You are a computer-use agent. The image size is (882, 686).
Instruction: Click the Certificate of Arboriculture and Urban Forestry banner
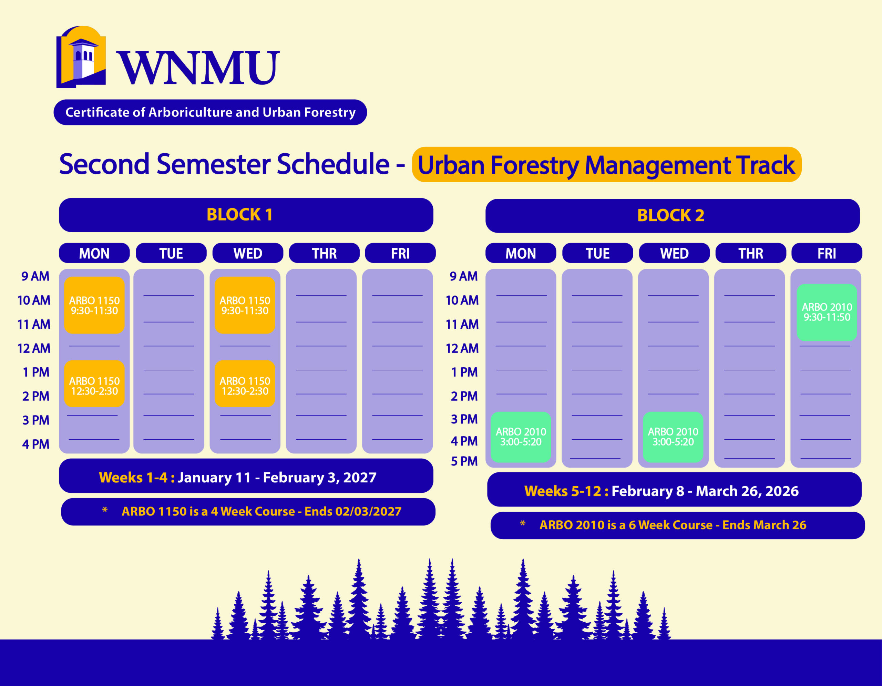pyautogui.click(x=211, y=112)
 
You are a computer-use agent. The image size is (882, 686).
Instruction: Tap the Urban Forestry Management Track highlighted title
pyautogui.click(x=607, y=165)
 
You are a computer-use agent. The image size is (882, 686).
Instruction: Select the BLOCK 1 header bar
pyautogui.click(x=246, y=215)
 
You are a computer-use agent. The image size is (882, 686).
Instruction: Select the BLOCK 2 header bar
pyautogui.click(x=673, y=216)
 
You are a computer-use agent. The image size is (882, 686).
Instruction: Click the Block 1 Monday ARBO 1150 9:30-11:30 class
pyautogui.click(x=94, y=305)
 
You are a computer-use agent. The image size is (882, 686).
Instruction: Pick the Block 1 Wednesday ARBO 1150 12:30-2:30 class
pyautogui.click(x=245, y=383)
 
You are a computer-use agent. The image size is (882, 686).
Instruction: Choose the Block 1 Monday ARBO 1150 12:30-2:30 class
pyautogui.click(x=94, y=383)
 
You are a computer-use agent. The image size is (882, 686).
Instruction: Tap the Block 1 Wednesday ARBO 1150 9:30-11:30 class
pyautogui.click(x=245, y=305)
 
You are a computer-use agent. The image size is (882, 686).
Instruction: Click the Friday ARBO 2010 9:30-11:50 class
pyautogui.click(x=827, y=313)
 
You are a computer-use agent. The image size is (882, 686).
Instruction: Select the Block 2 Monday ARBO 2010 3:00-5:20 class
pyautogui.click(x=521, y=437)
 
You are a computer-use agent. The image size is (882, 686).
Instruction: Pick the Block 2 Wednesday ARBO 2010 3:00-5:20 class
pyautogui.click(x=673, y=437)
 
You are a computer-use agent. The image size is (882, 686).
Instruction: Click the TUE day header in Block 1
pyautogui.click(x=171, y=253)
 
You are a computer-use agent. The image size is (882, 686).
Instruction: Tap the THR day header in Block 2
pyautogui.click(x=751, y=253)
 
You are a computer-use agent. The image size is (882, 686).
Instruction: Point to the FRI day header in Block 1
pyautogui.click(x=400, y=253)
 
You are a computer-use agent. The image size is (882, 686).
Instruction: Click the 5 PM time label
pyautogui.click(x=464, y=461)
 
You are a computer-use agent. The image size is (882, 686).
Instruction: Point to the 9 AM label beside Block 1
pyautogui.click(x=35, y=276)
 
